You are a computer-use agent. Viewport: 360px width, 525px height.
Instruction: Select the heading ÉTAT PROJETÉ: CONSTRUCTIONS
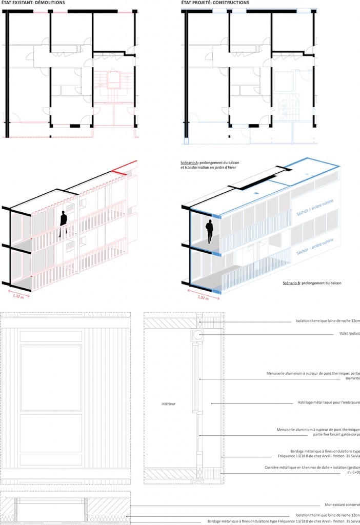pyautogui.click(x=215, y=3)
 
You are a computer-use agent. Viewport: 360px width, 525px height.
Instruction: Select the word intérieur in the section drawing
pyautogui.click(x=168, y=404)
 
